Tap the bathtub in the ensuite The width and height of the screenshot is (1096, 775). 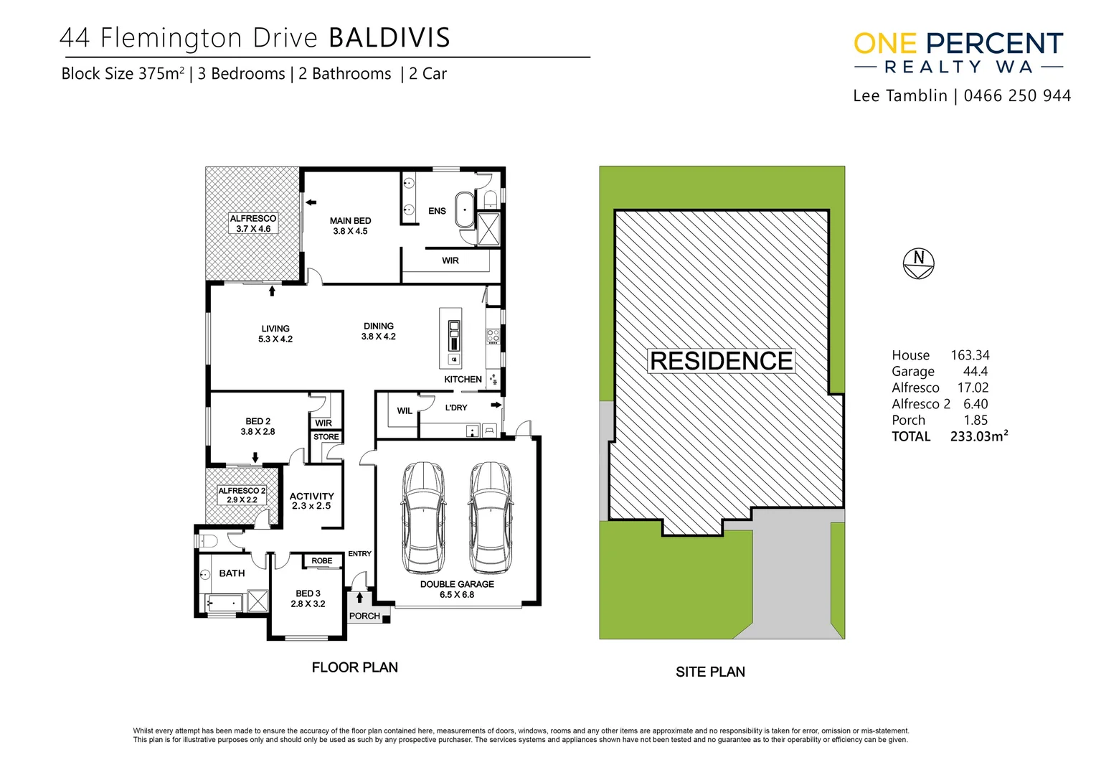coord(465,210)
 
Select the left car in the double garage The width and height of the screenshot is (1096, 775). coord(423,517)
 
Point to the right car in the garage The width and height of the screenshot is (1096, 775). coord(491,517)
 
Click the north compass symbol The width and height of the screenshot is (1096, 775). coord(918,263)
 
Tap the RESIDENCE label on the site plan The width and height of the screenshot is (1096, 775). coord(721,361)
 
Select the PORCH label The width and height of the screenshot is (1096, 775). coord(364,616)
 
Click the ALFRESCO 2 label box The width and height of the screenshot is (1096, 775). coord(242,495)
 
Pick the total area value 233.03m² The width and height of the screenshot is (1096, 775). coord(978,436)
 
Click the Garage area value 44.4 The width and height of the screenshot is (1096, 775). coord(975,371)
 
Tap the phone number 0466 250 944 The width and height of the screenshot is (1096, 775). coord(1017,96)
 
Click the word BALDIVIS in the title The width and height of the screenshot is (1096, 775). coord(389,38)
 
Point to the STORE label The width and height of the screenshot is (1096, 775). coord(326,436)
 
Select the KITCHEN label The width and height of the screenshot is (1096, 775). coord(463,379)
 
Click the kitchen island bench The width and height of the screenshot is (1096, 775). coord(451,337)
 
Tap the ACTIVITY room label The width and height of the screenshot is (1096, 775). coord(311,496)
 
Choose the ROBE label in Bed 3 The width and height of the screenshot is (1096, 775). coord(321,560)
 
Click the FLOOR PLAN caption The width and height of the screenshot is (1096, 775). coord(354,667)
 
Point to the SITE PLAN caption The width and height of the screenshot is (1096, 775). coord(710,672)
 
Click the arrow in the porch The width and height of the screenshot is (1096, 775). coord(359,596)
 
